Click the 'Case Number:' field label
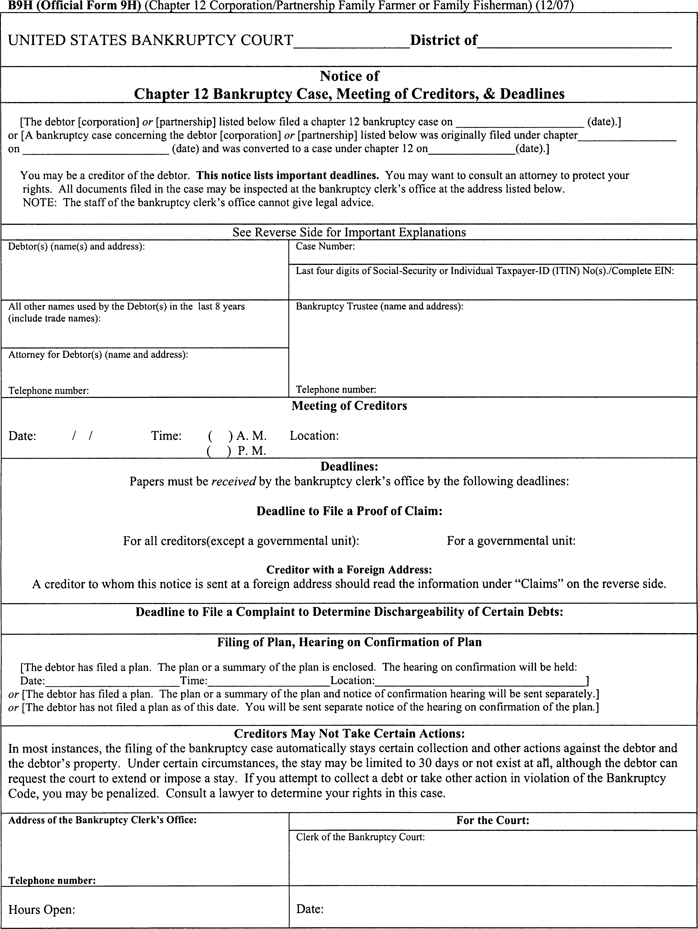point(325,247)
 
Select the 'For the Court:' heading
point(493,820)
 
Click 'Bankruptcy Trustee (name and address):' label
point(379,307)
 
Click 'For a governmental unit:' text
point(511,541)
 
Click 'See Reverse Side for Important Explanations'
point(349,232)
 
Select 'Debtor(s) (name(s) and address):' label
point(76,247)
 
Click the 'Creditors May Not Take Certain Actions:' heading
point(349,734)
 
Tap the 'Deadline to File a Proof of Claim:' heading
point(349,511)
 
